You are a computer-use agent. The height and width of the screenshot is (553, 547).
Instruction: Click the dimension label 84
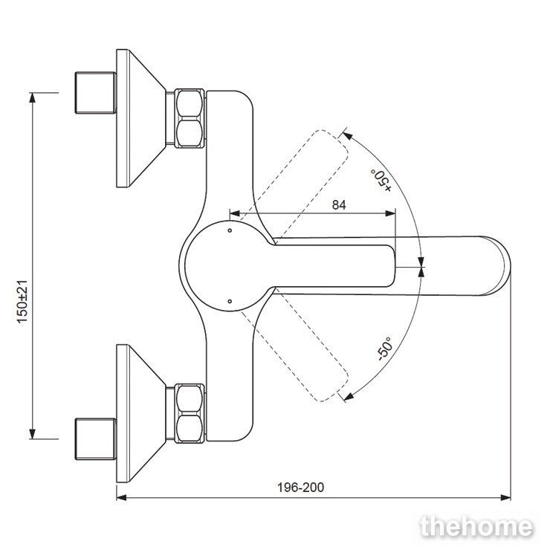[x=339, y=205]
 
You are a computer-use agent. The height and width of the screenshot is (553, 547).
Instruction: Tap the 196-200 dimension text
[x=300, y=488]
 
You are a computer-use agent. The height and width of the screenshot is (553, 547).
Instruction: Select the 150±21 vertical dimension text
[x=22, y=302]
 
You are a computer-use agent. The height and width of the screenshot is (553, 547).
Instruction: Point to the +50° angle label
[x=381, y=180]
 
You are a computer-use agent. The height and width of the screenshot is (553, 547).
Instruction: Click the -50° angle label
[x=384, y=349]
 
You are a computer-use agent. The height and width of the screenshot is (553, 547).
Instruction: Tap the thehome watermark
[x=476, y=527]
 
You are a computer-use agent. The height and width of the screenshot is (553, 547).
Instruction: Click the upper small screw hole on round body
[x=230, y=230]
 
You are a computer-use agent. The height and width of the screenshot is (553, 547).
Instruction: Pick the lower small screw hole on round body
[x=230, y=301]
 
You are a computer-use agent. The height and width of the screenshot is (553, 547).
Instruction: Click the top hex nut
[x=190, y=118]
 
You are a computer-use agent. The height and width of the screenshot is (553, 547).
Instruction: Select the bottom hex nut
[x=190, y=413]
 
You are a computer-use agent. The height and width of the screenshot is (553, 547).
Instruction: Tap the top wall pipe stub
[x=96, y=93]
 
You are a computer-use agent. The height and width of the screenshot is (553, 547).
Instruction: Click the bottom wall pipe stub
[x=96, y=439]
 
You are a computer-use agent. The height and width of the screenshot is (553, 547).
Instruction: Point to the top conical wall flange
[x=140, y=118]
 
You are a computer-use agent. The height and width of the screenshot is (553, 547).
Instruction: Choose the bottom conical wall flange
[x=140, y=413]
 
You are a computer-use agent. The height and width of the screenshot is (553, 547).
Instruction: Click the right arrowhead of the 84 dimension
[x=391, y=213]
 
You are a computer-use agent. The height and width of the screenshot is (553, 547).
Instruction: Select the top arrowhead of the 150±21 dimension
[x=33, y=97]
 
